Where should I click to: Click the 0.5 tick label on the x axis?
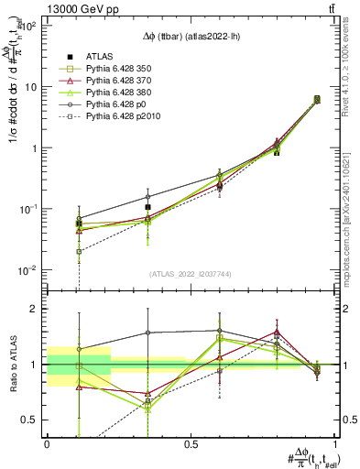pyautogui.click(x=191, y=443)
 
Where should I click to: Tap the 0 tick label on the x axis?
pyautogui.click(x=47, y=443)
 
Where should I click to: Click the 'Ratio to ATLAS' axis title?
pyautogui.click(x=12, y=364)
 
